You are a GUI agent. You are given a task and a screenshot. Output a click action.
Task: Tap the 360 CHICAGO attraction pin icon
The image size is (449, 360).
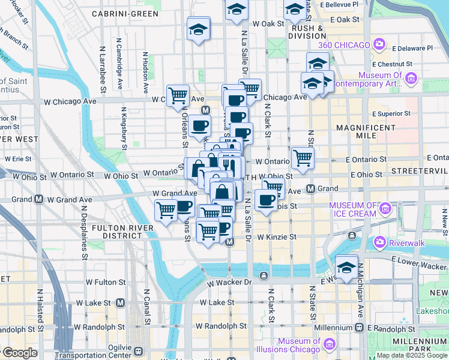(379, 44)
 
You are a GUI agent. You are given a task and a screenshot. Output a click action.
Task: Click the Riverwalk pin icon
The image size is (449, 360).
(379, 243)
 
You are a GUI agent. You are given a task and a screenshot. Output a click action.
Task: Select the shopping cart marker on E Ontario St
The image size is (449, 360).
(303, 158)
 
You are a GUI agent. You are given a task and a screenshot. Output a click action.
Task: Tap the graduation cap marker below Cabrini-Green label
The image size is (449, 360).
(198, 29)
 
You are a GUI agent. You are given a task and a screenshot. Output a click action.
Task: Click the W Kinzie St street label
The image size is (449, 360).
(277, 237)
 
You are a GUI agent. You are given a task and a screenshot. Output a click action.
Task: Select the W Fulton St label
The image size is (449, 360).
(106, 281)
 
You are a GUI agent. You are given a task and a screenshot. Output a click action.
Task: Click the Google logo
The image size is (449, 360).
(20, 353)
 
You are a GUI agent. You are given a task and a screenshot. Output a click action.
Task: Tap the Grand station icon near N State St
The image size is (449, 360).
(311, 189)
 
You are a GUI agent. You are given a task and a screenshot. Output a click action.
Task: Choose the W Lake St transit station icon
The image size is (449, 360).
(121, 303)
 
